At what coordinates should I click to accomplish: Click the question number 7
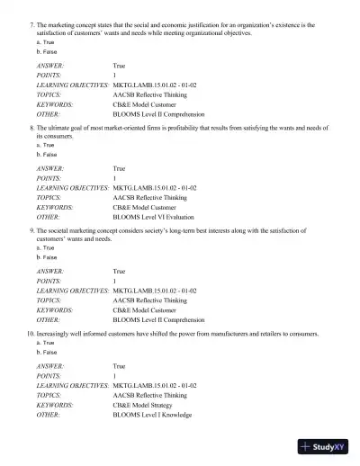click(x=31, y=25)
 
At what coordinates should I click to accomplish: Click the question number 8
click(x=31, y=129)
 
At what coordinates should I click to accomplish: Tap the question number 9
click(x=31, y=231)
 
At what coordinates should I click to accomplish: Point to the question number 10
click(x=30, y=334)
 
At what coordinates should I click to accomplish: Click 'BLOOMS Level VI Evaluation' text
click(x=155, y=217)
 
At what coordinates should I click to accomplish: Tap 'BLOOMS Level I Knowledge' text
click(x=152, y=415)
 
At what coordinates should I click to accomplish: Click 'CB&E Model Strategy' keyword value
click(x=144, y=405)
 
